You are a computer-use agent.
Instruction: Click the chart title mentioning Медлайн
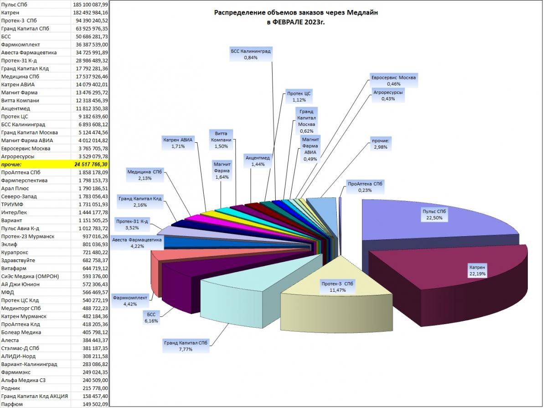click(296, 17)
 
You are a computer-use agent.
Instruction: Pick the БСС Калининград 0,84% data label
click(251, 54)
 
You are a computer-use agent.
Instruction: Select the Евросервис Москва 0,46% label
click(393, 81)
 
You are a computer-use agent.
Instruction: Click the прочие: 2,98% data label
click(380, 144)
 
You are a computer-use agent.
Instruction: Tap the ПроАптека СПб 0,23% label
click(365, 187)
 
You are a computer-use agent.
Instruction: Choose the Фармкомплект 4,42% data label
click(130, 301)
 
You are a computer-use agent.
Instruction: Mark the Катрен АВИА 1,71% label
click(178, 143)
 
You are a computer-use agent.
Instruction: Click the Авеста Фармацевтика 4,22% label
click(137, 243)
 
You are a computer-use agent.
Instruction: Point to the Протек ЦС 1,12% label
click(299, 97)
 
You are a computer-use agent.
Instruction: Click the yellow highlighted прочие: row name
click(11, 164)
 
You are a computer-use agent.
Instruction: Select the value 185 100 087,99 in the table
click(90, 5)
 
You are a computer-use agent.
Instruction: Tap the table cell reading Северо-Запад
click(19, 196)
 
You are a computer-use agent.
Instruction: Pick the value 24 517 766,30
click(91, 164)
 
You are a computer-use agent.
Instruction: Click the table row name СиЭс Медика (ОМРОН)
click(30, 276)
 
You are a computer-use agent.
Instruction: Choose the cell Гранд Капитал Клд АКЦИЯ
click(34, 396)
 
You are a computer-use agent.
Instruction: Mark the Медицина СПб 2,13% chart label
click(145, 175)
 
